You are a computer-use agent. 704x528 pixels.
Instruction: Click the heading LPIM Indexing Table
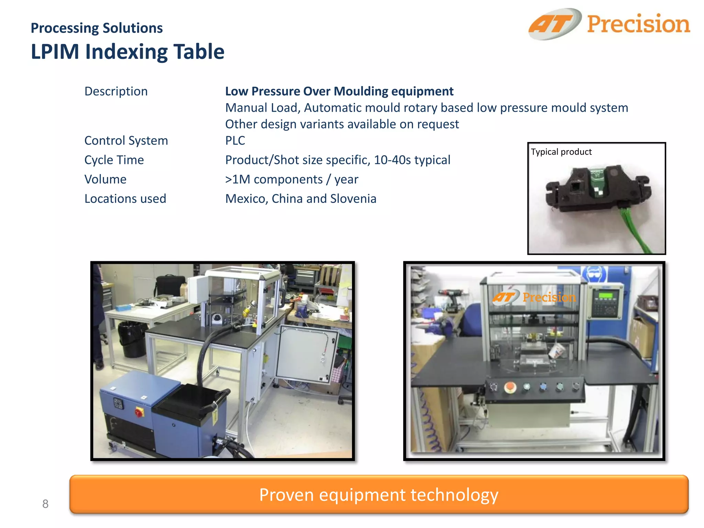(x=128, y=52)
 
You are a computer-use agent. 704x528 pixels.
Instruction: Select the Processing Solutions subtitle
(x=97, y=28)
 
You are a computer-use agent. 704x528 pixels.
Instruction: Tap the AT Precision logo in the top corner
(x=609, y=24)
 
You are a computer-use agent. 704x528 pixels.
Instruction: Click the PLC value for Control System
(x=235, y=141)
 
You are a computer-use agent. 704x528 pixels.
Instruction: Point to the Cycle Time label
(x=114, y=160)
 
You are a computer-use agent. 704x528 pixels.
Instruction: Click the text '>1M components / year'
(x=291, y=179)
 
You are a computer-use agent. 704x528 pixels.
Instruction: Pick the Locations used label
(x=125, y=199)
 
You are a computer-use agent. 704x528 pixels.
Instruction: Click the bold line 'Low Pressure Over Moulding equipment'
(x=339, y=91)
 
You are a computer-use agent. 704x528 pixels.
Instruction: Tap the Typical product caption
(x=561, y=152)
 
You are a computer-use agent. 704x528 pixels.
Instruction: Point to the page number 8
(x=45, y=504)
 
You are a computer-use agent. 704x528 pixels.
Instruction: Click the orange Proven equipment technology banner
(x=378, y=494)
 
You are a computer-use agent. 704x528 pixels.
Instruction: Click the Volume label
(x=106, y=179)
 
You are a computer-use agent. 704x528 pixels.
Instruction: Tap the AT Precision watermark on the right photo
(x=534, y=297)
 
